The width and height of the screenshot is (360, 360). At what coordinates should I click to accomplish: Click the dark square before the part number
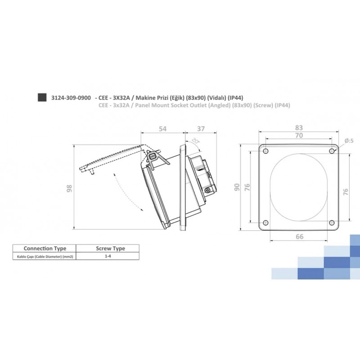pos(42,98)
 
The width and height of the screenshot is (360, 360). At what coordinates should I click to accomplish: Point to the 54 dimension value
pos(162,129)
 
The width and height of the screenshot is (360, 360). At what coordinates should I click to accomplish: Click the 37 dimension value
pos(201,129)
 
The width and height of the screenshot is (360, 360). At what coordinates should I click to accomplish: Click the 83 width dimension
pos(299,127)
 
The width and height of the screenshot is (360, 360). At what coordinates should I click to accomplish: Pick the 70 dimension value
pos(299,135)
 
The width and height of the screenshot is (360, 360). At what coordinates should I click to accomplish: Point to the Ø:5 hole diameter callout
pos(349,141)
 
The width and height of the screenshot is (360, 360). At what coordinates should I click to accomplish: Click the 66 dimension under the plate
pos(299,236)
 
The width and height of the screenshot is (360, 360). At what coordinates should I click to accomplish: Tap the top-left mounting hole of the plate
pos(265,151)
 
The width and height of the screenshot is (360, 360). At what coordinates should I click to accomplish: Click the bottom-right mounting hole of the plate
pos(332,222)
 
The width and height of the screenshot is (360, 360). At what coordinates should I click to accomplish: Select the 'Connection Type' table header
pos(45,248)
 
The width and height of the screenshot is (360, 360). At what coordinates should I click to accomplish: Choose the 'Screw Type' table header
pos(111,248)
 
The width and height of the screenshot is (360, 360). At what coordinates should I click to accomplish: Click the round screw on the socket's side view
pos(207,191)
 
